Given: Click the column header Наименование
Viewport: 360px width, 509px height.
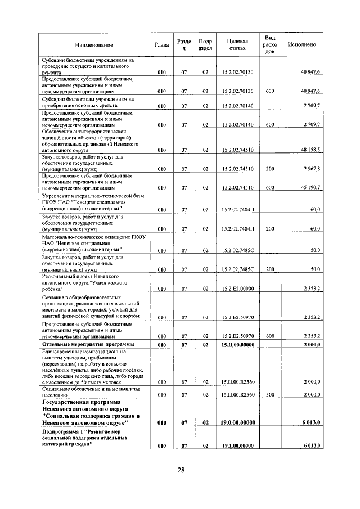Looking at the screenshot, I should click(93, 45).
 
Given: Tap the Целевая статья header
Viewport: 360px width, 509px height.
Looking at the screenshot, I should click(238, 45).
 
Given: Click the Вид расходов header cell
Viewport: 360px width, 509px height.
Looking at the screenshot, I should click(269, 44).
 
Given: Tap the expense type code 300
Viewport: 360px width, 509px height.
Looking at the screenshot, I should click(269, 395).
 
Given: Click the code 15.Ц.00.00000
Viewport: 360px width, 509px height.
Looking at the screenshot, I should click(238, 344).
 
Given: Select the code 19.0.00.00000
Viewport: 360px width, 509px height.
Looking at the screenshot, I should click(238, 422).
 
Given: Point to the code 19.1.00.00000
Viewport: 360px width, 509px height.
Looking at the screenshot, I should click(238, 445).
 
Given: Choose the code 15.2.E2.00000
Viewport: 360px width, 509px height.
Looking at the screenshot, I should click(238, 289).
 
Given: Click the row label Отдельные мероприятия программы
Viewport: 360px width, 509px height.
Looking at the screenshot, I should click(87, 344).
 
